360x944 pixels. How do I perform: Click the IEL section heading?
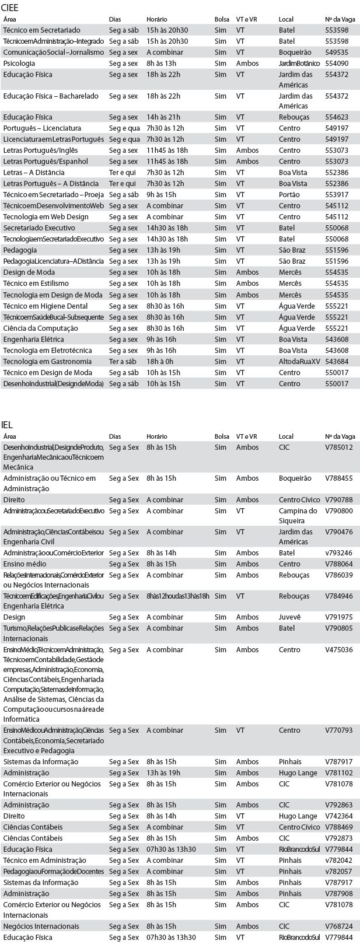coord(8,424)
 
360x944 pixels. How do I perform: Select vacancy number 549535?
coord(337,53)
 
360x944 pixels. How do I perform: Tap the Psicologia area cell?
coord(19,64)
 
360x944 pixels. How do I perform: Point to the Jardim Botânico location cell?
coord(299,64)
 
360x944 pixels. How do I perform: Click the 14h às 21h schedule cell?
coord(163,117)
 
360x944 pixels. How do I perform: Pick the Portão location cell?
coord(289,195)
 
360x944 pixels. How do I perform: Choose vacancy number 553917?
coord(337,195)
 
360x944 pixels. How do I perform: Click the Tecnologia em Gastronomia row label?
coord(47,362)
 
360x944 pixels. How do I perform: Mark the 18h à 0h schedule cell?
coord(160,362)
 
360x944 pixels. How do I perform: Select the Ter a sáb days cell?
coord(122,362)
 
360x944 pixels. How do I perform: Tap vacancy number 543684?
coord(337,362)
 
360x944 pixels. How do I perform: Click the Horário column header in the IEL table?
coord(156,436)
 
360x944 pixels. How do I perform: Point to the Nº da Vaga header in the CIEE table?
coord(340,19)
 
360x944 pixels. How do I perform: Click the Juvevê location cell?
coord(290,617)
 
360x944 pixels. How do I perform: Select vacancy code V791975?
coord(338,617)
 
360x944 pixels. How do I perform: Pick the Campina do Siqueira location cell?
coord(297,516)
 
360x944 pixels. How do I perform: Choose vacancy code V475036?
coord(338,650)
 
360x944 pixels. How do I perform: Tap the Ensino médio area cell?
coord(25,564)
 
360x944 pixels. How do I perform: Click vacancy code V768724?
coord(338,926)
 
